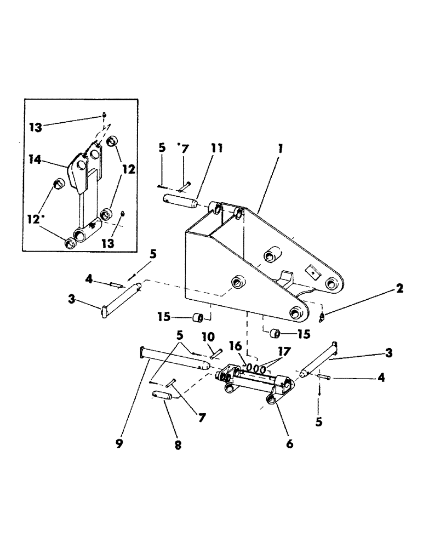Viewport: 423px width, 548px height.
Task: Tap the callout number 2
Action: pyautogui.click(x=399, y=289)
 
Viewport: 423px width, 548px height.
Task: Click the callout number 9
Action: pyautogui.click(x=119, y=443)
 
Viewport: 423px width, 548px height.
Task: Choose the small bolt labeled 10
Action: pyautogui.click(x=214, y=352)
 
